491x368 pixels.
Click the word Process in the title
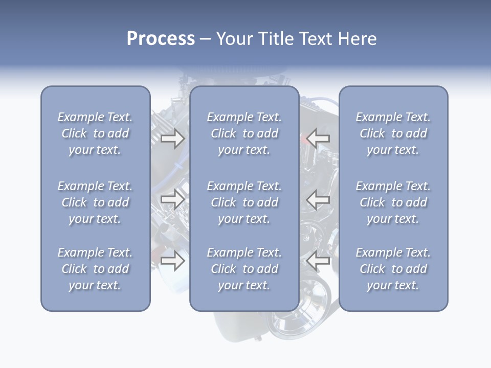point(161,39)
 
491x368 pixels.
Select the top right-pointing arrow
point(172,138)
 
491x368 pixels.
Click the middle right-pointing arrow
point(172,199)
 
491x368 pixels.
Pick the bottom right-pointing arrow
point(172,261)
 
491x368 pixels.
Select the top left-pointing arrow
point(318,138)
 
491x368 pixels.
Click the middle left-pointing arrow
point(318,199)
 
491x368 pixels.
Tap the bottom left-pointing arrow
point(318,261)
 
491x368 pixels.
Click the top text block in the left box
point(95,133)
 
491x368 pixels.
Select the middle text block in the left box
point(95,202)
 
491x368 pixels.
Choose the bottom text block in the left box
point(95,269)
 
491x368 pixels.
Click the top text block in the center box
point(244,133)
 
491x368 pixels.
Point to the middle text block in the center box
point(244,202)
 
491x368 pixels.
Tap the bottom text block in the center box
point(244,269)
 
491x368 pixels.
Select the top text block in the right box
point(393,133)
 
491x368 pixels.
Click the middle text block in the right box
point(393,202)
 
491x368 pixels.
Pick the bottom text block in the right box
point(393,269)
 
